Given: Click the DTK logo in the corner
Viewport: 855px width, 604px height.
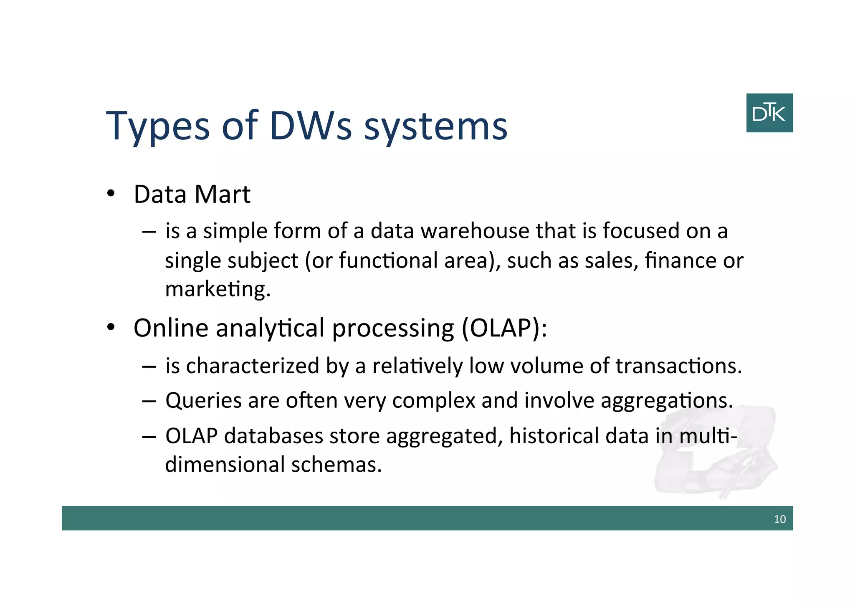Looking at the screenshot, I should coord(769,113).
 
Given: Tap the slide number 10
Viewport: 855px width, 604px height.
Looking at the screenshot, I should coord(779,519).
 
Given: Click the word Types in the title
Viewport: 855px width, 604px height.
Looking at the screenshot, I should coord(158,126).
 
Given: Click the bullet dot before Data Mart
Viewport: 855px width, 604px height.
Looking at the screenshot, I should coord(111,194).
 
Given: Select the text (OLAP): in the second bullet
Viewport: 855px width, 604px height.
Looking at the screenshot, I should coord(504,328).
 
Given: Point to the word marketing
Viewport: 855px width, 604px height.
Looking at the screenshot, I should coord(218,289).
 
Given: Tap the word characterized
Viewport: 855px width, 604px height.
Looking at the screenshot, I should coord(253,366).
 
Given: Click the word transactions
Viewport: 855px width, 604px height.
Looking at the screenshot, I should coord(678,366).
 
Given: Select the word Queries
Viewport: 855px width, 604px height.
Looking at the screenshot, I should coord(203,401).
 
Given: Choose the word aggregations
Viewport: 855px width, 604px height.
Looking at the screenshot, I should coord(666,401).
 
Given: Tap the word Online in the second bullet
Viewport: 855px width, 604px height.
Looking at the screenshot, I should coord(171,328).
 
